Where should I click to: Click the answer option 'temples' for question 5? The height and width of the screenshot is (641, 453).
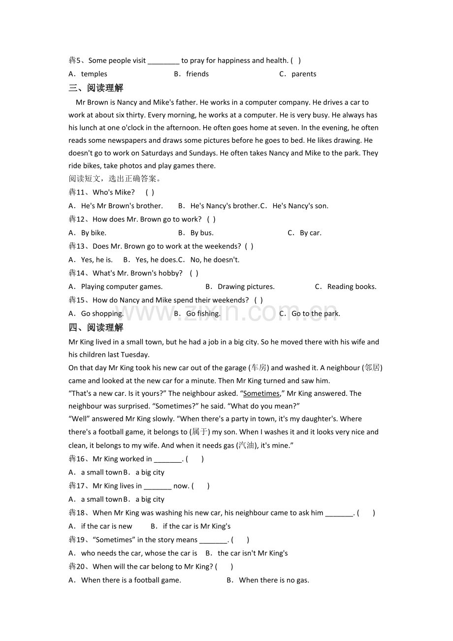94,74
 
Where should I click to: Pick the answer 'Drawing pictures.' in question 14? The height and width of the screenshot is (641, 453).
246,287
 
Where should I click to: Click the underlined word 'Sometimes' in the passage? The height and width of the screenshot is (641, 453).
261,393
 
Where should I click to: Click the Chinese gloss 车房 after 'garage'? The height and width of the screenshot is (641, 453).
259,368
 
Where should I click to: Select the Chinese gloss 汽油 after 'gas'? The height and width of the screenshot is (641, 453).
247,445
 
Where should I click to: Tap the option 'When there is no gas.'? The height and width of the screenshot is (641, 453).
274,580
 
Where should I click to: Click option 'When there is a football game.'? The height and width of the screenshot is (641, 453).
130,580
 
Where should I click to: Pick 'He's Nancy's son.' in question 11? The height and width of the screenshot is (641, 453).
300,206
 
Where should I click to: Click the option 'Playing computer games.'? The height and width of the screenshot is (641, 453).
121,287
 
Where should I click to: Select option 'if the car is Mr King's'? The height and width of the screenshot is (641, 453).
196,526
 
